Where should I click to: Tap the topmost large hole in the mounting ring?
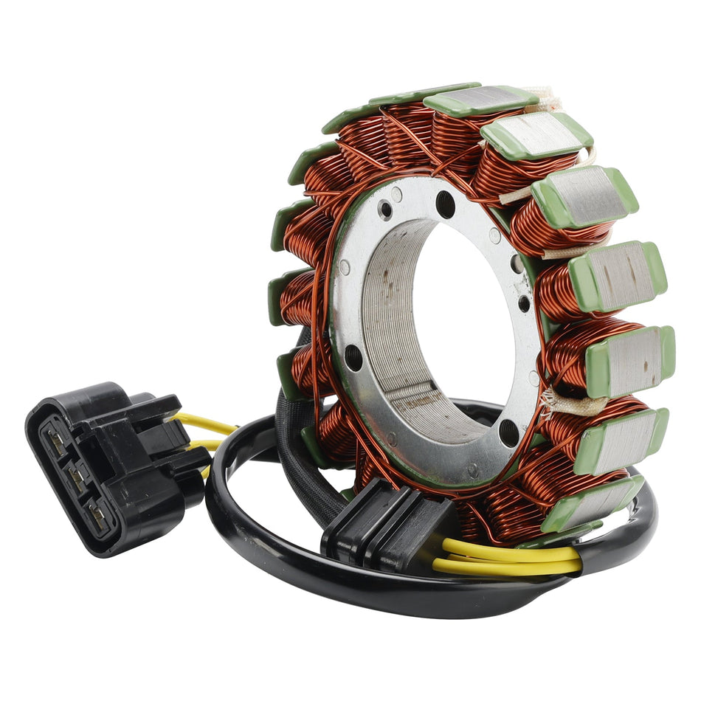(x=446, y=204)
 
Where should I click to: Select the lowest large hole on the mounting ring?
(x=508, y=433)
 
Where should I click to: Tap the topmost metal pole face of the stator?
(x=480, y=100)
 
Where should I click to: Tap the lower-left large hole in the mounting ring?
(x=355, y=358)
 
